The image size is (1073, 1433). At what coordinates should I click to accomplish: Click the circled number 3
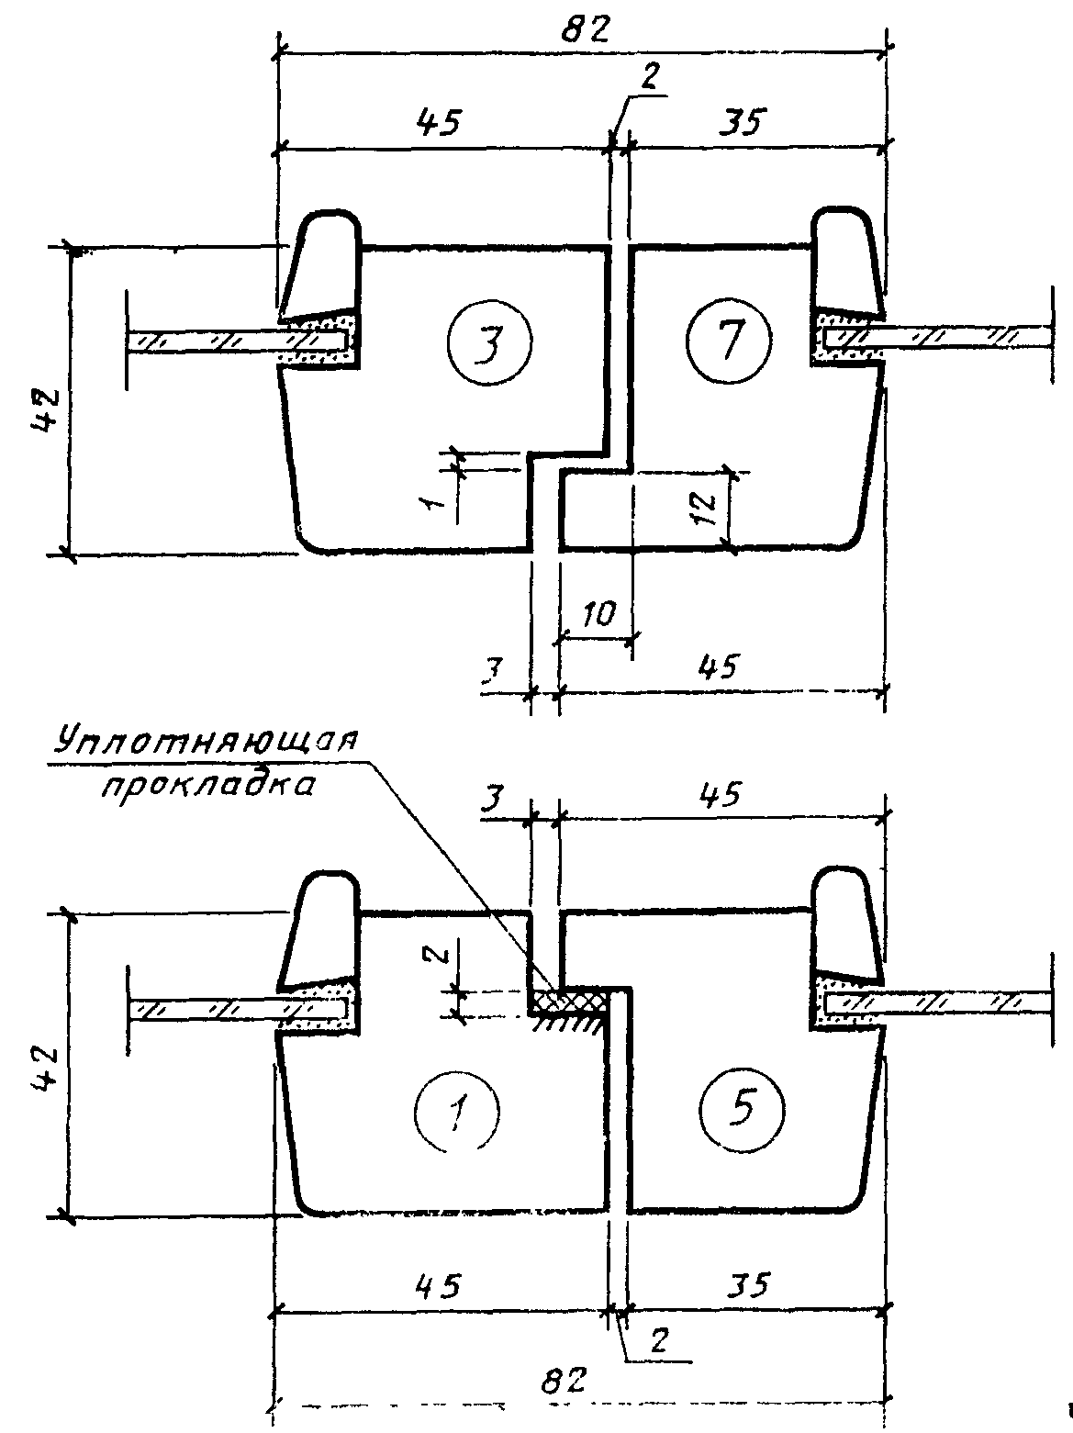[x=490, y=342]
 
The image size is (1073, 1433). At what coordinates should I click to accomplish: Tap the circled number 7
[x=729, y=341]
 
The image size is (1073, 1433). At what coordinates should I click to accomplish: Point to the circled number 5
[x=742, y=1109]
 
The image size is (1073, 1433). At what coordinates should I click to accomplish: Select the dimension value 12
[x=703, y=508]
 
